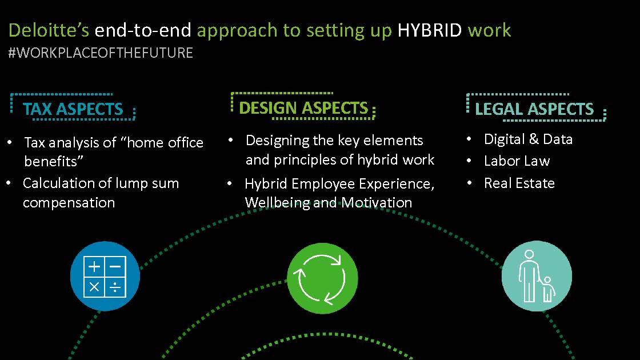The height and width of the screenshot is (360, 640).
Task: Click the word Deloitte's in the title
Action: [49, 30]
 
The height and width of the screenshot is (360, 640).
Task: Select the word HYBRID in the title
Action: [429, 30]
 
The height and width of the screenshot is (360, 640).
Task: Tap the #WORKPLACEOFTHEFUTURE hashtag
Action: [101, 53]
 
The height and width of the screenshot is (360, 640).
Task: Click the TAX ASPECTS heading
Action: [73, 109]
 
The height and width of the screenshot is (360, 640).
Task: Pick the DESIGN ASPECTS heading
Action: [303, 108]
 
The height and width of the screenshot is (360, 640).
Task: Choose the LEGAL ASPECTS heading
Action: [534, 109]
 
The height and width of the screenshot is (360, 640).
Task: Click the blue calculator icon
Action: [105, 277]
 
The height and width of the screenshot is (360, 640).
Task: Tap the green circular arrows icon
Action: [322, 278]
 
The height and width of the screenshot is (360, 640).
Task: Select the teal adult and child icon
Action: [537, 277]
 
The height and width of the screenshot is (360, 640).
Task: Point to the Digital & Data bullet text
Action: [528, 139]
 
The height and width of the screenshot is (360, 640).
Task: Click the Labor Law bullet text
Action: [517, 161]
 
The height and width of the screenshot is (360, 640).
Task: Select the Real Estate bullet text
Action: [519, 183]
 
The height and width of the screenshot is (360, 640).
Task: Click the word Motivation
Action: [377, 202]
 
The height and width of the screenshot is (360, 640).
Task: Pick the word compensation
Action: [69, 203]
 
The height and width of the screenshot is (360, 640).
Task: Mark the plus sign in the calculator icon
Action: [94, 266]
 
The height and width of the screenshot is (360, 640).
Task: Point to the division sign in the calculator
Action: [115, 287]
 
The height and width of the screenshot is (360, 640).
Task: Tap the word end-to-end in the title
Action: [143, 30]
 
